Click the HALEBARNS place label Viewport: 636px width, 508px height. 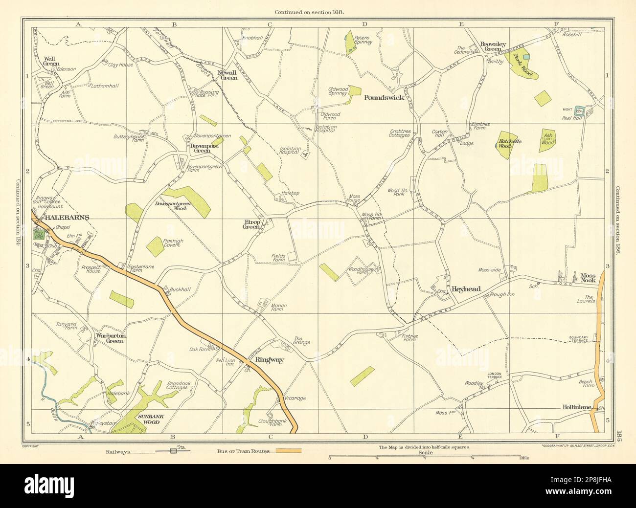coord(60,219)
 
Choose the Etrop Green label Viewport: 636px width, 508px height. coord(251,224)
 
